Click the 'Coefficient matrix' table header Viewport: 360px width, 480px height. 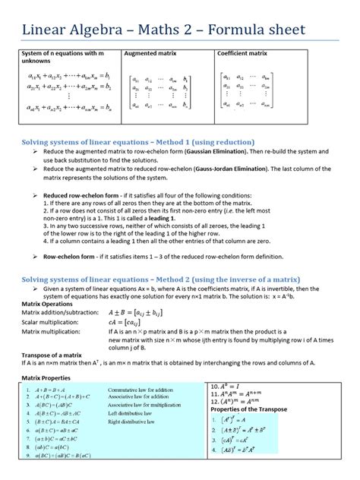click(x=242, y=54)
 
